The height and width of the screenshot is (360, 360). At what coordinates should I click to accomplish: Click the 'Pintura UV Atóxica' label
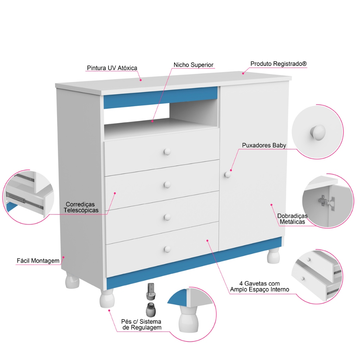(112, 68)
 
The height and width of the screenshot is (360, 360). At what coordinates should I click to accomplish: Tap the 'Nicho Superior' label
(193, 65)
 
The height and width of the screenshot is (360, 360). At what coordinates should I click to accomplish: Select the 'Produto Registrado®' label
(278, 64)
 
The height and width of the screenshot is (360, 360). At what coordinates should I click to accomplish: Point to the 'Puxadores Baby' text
(264, 145)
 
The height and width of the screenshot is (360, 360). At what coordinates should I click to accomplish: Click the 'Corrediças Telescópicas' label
(81, 207)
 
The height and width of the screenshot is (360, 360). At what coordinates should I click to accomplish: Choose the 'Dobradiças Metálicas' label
(292, 219)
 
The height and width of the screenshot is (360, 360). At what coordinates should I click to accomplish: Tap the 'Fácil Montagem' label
(38, 261)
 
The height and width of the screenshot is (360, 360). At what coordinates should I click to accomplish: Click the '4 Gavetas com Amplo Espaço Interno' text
(259, 287)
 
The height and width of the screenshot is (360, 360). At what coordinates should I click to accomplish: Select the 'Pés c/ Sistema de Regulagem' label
(141, 324)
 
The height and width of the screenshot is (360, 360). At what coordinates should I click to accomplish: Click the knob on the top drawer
(167, 152)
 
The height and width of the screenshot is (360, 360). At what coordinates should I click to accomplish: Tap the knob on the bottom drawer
(167, 249)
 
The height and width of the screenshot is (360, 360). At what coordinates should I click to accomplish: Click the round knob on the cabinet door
(227, 174)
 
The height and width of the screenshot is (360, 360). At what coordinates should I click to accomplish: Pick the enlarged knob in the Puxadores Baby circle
(318, 133)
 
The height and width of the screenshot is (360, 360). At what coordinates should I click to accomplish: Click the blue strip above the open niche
(160, 98)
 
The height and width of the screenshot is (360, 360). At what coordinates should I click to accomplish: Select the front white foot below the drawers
(107, 298)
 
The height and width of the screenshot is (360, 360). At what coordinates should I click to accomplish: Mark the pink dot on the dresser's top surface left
(141, 80)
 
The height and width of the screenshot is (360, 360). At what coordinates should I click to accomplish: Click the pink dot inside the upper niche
(152, 121)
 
